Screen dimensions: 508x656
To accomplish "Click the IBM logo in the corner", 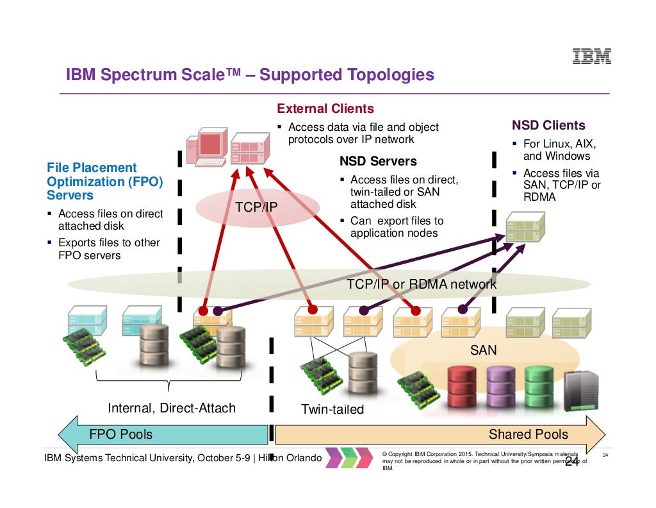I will (x=591, y=56).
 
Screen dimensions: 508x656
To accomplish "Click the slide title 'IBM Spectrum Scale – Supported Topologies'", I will (x=250, y=76).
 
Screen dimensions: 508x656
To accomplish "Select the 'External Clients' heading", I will (x=325, y=109).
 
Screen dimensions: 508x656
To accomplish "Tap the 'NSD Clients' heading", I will (x=548, y=126).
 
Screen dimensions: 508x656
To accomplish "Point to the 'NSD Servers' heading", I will (x=378, y=162).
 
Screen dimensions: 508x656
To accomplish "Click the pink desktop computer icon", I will (x=205, y=147).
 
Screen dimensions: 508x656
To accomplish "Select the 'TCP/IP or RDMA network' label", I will (x=421, y=284).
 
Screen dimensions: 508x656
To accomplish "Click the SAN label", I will (x=484, y=350).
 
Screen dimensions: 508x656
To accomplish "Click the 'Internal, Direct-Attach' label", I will (x=172, y=408).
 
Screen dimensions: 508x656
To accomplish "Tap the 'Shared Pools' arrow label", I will (x=528, y=434).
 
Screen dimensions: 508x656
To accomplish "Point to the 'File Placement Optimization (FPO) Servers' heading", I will (x=104, y=182).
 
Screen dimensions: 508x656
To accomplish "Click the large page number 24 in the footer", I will (x=571, y=461).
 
